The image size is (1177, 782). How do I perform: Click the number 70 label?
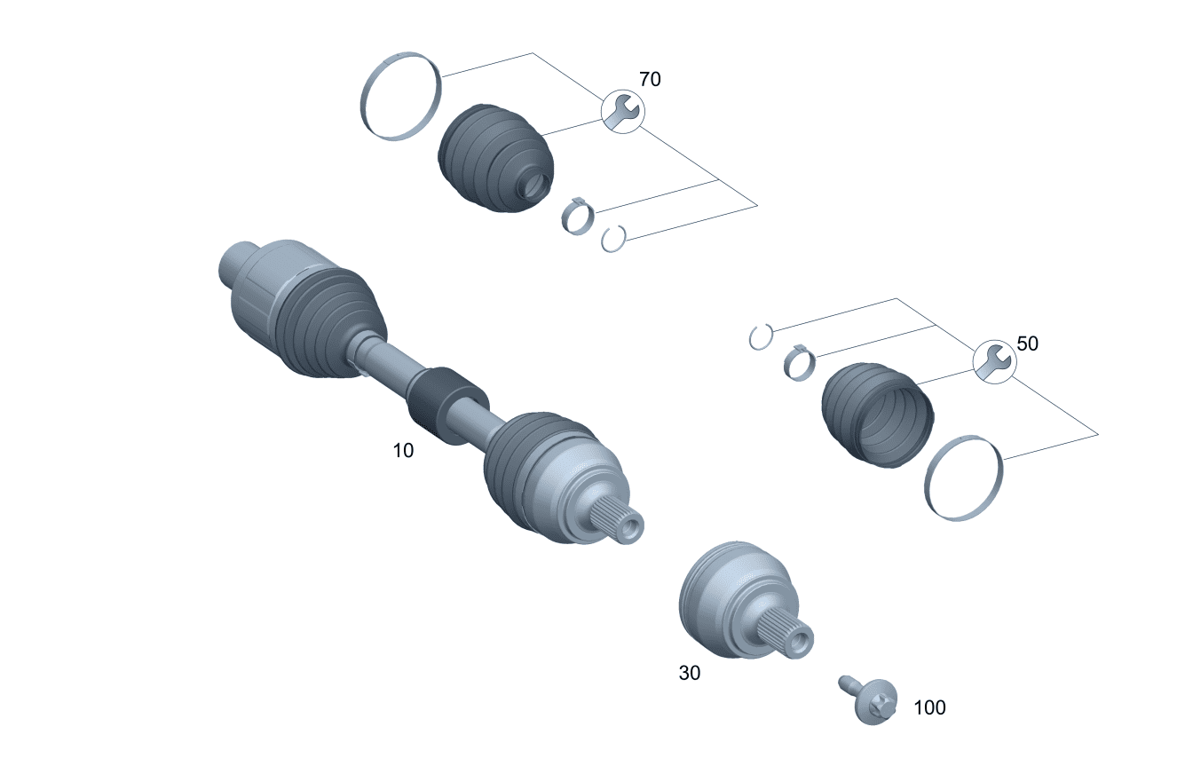pyautogui.click(x=650, y=79)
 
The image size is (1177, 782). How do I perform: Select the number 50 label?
pyautogui.click(x=1027, y=344)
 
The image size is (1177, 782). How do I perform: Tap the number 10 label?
pyautogui.click(x=403, y=450)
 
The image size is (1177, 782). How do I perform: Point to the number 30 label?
pyautogui.click(x=690, y=673)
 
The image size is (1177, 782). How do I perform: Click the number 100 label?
pyautogui.click(x=929, y=708)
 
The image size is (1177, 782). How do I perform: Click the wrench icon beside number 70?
pyautogui.click(x=622, y=112)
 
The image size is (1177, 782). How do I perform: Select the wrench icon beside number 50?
pyautogui.click(x=995, y=361)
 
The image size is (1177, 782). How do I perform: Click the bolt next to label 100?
pyautogui.click(x=869, y=700)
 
